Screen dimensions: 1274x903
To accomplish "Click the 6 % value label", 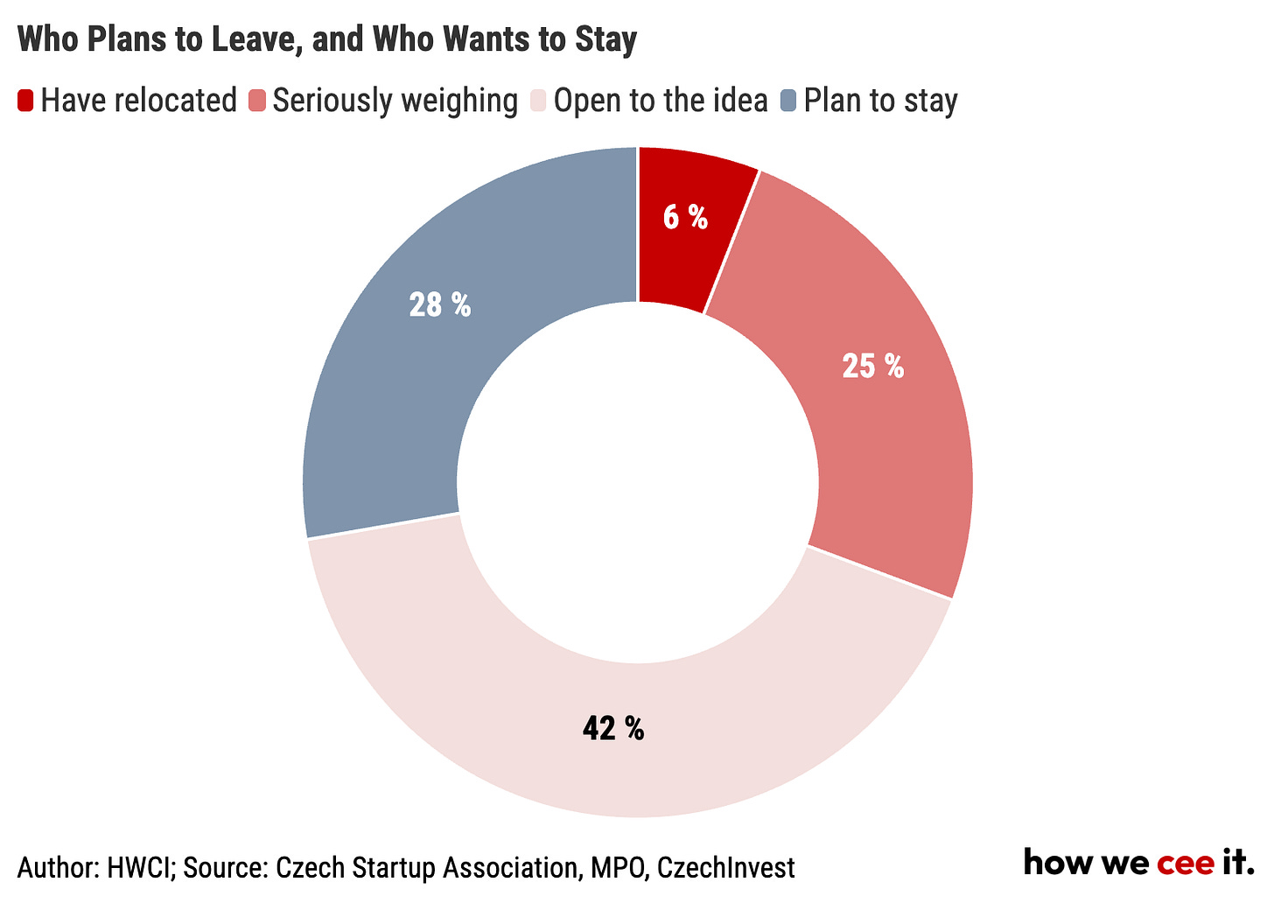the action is click(685, 217).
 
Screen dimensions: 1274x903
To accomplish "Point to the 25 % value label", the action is click(873, 366).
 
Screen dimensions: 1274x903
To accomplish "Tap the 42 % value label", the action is click(613, 728).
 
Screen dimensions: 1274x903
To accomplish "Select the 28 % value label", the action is click(439, 304).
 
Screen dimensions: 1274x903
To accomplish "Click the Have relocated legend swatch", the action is click(25, 100).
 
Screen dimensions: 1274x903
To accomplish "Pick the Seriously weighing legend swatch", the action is click(257, 100).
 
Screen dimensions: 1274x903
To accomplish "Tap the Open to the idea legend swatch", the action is click(538, 100).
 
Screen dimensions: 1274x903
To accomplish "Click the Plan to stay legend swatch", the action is click(788, 100).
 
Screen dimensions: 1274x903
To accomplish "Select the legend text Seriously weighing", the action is click(395, 101).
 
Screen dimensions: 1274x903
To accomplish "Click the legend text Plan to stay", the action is click(880, 101).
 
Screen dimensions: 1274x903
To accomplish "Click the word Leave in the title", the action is click(256, 39).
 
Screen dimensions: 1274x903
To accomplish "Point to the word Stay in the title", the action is click(606, 39).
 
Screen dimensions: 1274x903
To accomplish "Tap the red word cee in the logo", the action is click(1186, 864).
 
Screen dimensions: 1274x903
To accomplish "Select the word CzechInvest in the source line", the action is click(725, 868).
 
